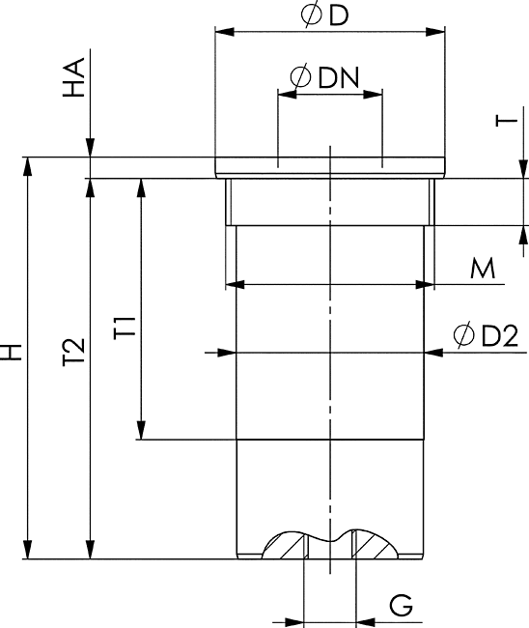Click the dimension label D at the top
[x=339, y=15]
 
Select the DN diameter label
[x=339, y=77]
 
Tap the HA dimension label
[x=74, y=77]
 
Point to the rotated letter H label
[x=11, y=352]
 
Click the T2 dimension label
[x=74, y=352]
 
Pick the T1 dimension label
[x=125, y=328]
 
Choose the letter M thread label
[x=483, y=269]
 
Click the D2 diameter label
[x=500, y=335]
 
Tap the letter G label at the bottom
[x=401, y=606]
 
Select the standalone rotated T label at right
[x=507, y=120]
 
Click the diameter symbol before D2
[x=463, y=334]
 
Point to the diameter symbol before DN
[x=300, y=76]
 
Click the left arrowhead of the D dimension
[x=225, y=32]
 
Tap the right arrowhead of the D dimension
[x=435, y=32]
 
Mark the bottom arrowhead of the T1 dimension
[x=141, y=430]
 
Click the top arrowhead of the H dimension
[x=27, y=166]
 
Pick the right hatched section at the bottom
[x=375, y=545]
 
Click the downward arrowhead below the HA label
[x=91, y=148]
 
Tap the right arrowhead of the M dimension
[x=425, y=285]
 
